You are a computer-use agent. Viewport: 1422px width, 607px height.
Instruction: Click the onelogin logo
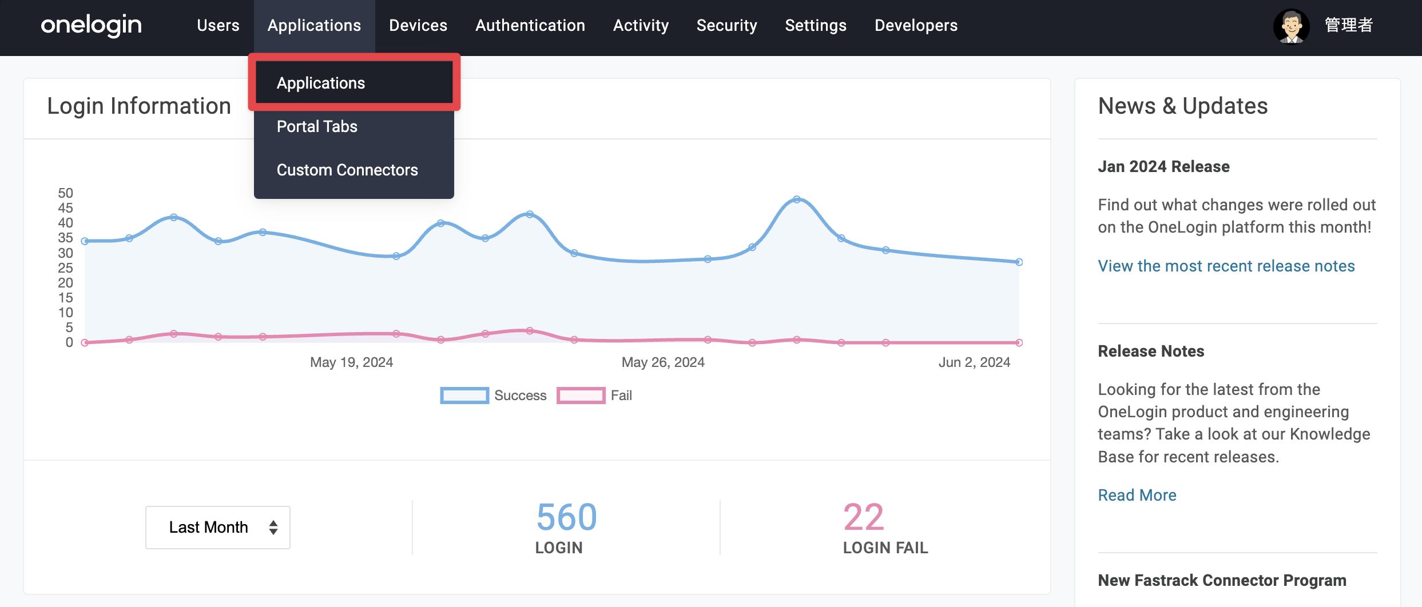click(91, 25)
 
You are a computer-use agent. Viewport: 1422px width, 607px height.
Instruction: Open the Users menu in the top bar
click(218, 25)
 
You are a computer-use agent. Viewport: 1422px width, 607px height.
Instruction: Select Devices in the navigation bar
click(418, 25)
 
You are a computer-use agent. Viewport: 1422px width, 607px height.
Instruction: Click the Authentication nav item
click(530, 25)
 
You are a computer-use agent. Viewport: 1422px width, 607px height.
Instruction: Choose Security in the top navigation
click(726, 25)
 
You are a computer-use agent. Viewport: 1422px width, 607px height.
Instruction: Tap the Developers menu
click(916, 25)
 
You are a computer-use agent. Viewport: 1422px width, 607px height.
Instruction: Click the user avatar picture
click(1291, 26)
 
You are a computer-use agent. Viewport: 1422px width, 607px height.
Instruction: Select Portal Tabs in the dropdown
click(317, 126)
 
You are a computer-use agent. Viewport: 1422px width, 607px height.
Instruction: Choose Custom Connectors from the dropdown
click(347, 170)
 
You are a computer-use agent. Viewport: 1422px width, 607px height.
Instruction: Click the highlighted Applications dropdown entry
click(321, 83)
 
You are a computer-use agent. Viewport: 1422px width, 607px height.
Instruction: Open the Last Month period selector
click(218, 527)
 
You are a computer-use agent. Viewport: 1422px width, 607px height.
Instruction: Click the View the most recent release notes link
click(1226, 266)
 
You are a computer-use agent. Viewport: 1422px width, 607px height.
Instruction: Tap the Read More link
click(1137, 495)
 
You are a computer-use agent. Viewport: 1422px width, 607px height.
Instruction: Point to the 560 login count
click(566, 517)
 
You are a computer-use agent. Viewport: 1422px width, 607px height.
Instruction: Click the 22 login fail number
click(864, 517)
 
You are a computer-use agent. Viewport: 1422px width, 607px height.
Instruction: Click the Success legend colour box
click(464, 396)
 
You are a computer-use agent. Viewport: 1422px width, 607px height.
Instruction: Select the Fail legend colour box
click(581, 396)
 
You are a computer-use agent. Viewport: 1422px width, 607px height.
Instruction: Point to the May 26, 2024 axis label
click(663, 362)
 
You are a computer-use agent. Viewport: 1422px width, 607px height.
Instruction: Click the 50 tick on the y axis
click(66, 193)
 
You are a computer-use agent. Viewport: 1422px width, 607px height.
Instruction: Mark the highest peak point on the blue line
click(797, 199)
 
